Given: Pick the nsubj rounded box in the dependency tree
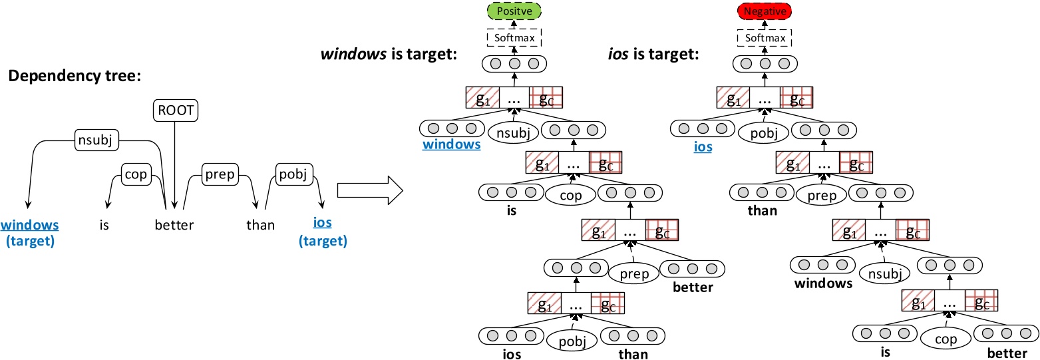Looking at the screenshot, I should tap(92, 141).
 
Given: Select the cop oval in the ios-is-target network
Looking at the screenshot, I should tap(946, 339).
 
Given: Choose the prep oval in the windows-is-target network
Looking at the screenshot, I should tap(633, 273).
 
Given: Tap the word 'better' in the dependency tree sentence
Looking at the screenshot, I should tap(174, 225).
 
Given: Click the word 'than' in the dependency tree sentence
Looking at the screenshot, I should tap(260, 225).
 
